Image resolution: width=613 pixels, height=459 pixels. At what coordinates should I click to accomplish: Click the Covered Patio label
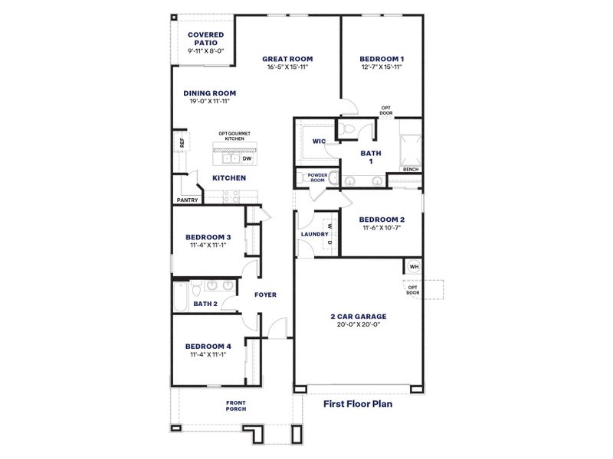[206, 38]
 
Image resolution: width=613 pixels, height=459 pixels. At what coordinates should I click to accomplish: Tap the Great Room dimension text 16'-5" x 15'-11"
[287, 67]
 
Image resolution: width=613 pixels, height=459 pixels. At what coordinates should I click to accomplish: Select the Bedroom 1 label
[382, 58]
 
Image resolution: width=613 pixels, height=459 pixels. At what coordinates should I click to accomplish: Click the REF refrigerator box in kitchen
[182, 142]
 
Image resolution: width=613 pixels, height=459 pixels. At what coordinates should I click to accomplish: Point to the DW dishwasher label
[246, 159]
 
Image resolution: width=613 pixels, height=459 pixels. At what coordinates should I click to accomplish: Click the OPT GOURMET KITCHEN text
[234, 136]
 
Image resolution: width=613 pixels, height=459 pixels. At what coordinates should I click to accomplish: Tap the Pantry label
[188, 200]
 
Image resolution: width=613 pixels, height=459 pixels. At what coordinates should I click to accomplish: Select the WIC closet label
[320, 142]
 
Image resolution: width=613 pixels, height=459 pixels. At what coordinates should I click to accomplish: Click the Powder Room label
[317, 177]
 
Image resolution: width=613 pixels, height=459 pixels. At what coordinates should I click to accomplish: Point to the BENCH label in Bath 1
[410, 169]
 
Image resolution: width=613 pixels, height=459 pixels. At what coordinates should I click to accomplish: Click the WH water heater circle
[414, 267]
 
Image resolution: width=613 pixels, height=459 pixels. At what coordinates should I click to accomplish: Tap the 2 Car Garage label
[359, 316]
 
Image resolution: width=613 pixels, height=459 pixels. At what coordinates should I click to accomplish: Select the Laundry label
[315, 234]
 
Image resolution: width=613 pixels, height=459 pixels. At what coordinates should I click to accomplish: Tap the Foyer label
[265, 295]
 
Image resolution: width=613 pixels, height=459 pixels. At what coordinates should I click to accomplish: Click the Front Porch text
[236, 406]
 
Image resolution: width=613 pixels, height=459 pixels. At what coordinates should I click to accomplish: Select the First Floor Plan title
[357, 402]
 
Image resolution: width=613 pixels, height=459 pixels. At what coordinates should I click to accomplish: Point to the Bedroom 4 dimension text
[209, 355]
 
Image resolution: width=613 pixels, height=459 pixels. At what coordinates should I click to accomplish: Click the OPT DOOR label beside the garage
[413, 289]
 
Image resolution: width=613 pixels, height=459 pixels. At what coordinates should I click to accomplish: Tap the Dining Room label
[209, 93]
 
